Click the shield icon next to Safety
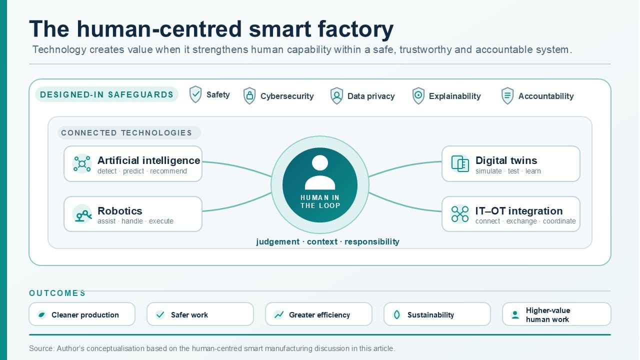195,94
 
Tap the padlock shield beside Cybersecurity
249,95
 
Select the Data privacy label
371,96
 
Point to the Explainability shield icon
418,95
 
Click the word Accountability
545,96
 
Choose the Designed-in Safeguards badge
106,94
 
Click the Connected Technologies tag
129,133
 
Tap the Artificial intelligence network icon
82,163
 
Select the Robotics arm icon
82,214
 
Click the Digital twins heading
506,160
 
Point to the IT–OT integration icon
459,214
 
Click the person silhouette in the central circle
320,172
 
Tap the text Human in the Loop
320,201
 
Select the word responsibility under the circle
372,241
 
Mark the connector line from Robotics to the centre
237,203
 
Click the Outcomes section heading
57,293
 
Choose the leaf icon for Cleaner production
41,315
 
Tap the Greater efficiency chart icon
278,315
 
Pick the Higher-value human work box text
547,315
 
